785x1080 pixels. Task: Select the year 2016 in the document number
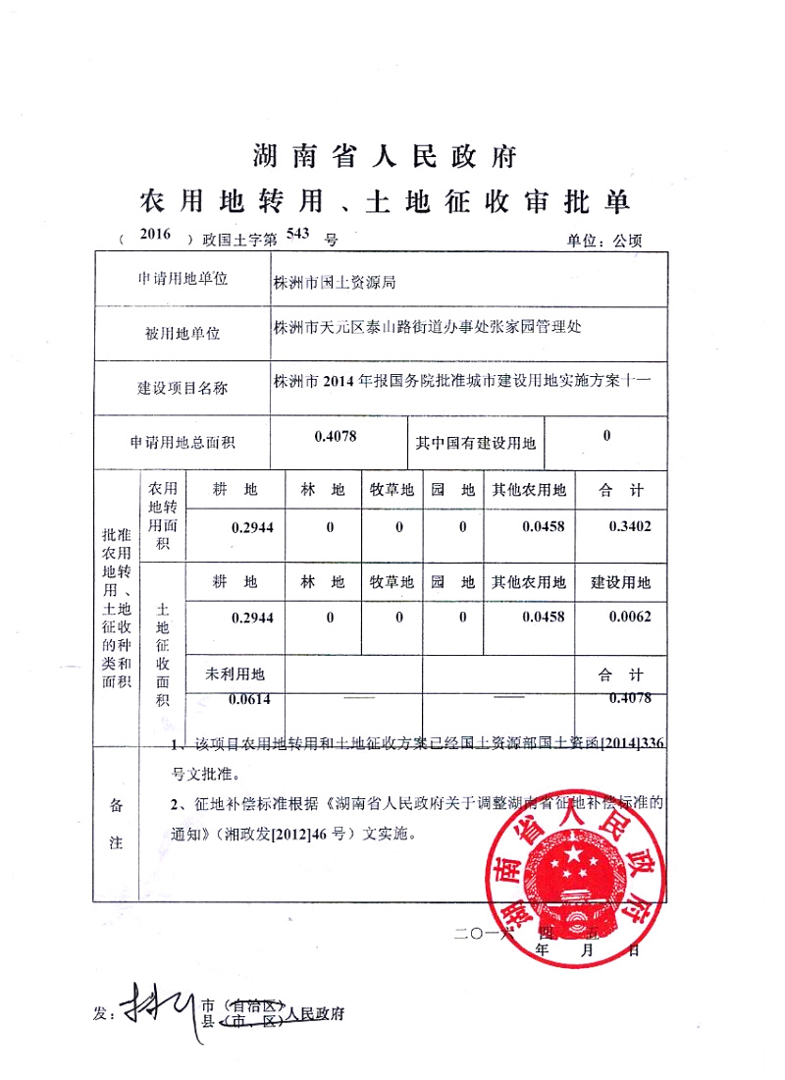(155, 235)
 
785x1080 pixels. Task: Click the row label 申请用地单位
(183, 280)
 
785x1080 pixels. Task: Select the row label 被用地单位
(183, 334)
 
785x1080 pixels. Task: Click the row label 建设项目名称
(183, 388)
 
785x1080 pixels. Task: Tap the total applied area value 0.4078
(336, 435)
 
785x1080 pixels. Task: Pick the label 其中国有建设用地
(476, 444)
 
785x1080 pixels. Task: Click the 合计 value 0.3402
(630, 527)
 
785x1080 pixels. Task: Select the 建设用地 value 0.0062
(630, 618)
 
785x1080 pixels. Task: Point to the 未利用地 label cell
(235, 675)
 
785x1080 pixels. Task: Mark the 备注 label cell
(116, 823)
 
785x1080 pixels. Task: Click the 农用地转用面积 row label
(163, 515)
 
